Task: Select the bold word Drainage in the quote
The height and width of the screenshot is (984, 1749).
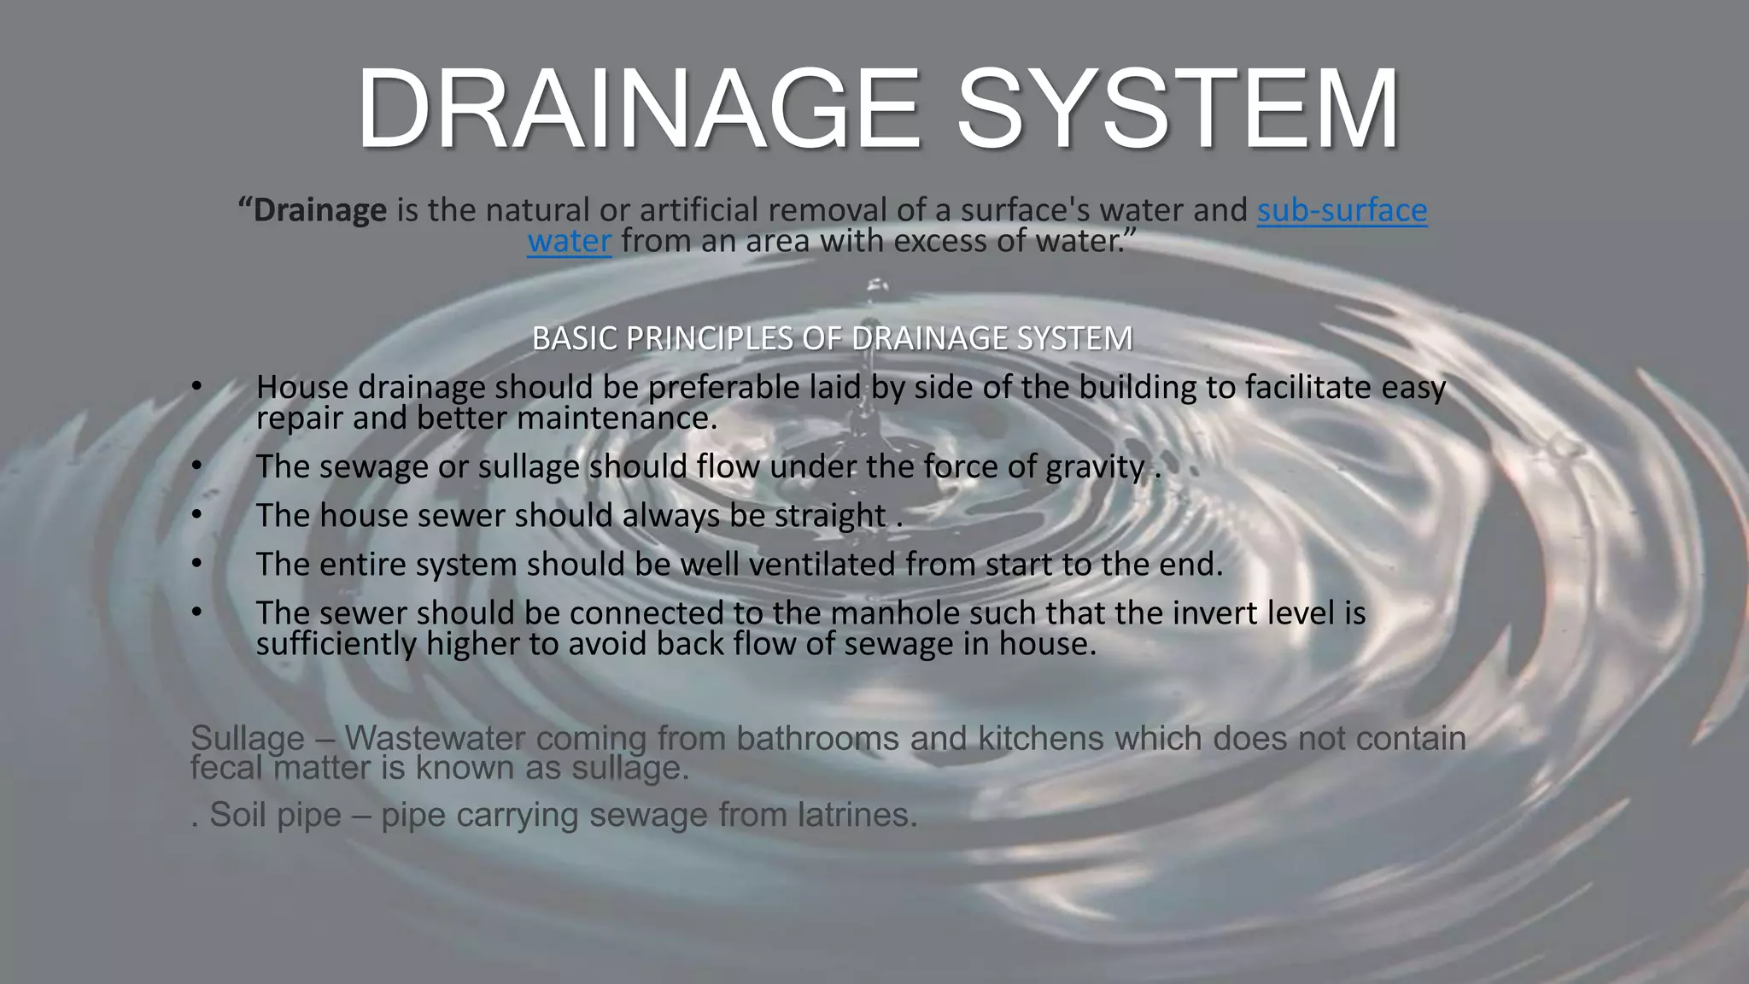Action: pyautogui.click(x=319, y=210)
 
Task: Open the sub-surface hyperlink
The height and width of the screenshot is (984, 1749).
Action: pyautogui.click(x=1342, y=210)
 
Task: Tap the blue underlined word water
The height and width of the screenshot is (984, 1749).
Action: pyautogui.click(x=569, y=242)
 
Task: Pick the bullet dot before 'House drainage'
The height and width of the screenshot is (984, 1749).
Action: pyautogui.click(x=197, y=387)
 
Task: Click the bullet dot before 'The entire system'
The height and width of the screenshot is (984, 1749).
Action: pyautogui.click(x=197, y=564)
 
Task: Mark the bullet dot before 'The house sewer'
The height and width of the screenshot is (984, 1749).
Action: pyautogui.click(x=197, y=515)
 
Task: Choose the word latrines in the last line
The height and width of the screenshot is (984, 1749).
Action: pyautogui.click(x=857, y=815)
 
